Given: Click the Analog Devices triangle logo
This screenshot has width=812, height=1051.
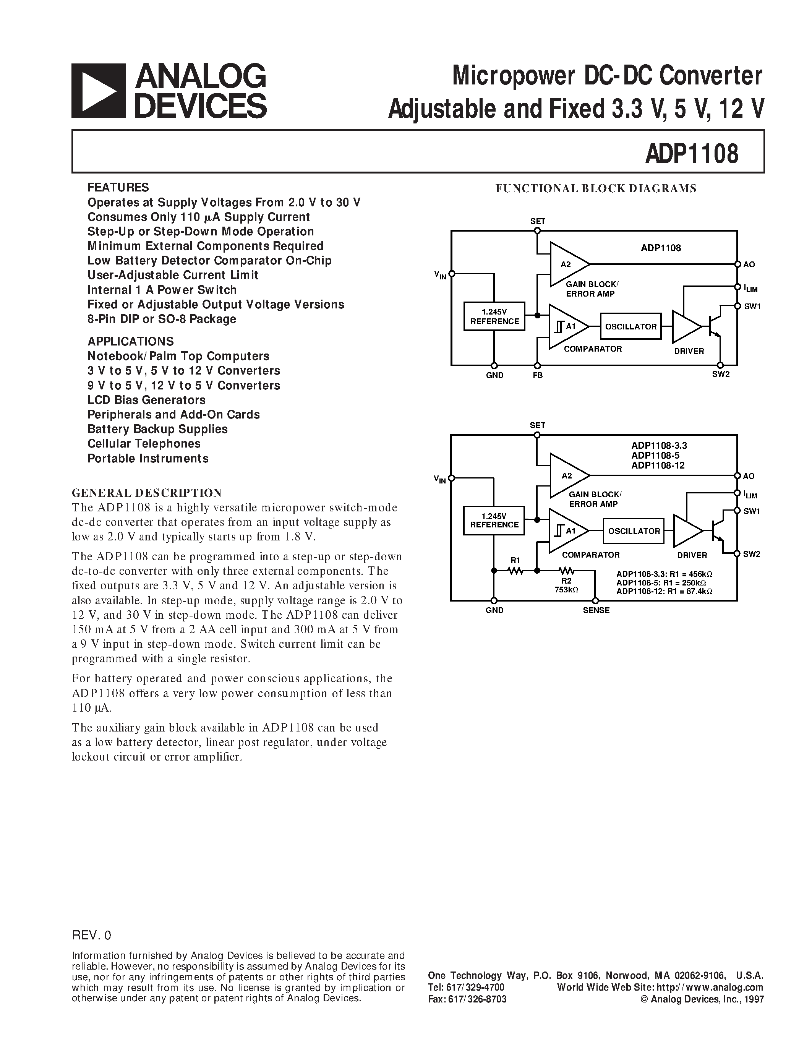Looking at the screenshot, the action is tap(99, 91).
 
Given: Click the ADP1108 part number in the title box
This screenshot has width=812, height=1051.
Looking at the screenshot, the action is tap(692, 154).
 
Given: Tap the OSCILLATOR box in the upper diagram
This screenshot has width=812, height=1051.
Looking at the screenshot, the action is tap(630, 327).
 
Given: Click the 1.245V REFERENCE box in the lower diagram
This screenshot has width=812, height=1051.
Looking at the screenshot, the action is tap(494, 520).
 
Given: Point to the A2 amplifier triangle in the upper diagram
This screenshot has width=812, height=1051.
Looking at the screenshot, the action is tap(567, 264).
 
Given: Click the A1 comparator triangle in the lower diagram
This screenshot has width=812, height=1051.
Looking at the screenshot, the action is tap(567, 531).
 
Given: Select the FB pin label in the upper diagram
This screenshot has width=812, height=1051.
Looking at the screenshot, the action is tap(537, 375).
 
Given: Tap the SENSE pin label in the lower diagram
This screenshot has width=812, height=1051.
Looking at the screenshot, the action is tap(596, 610).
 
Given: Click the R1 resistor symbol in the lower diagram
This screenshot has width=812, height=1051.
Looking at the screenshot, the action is tap(515, 570).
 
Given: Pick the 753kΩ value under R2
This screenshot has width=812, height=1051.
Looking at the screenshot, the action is tap(566, 589).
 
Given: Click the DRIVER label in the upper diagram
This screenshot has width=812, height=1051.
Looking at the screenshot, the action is tap(689, 351).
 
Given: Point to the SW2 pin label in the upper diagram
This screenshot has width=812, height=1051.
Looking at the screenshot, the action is tap(721, 374).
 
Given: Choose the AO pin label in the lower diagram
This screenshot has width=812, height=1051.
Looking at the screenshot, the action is tap(749, 476).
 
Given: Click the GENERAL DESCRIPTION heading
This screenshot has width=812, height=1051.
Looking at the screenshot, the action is tap(147, 493).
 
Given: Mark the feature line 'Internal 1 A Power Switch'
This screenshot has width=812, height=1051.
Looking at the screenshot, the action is tap(162, 290).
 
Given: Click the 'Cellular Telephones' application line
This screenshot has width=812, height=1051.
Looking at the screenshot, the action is tap(144, 444).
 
